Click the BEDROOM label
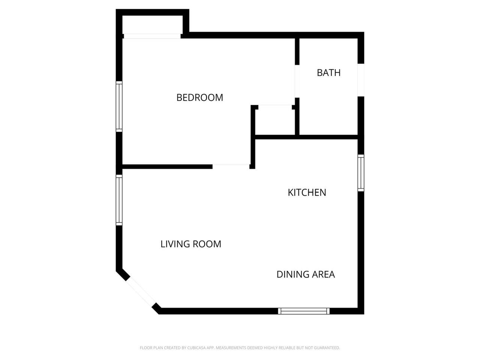pyautogui.click(x=199, y=97)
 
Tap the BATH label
pyautogui.click(x=328, y=73)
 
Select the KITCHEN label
pyautogui.click(x=307, y=193)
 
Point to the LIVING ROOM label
pyautogui.click(x=191, y=244)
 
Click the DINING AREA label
pyautogui.click(x=306, y=274)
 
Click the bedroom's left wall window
pyautogui.click(x=119, y=106)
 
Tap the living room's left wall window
pyautogui.click(x=119, y=200)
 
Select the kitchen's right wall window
pyautogui.click(x=361, y=173)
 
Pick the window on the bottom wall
pyautogui.click(x=304, y=311)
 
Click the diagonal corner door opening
pyautogui.click(x=141, y=292)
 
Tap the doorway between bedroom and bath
pyautogui.click(x=297, y=81)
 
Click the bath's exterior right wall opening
pyautogui.click(x=361, y=80)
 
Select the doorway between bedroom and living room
pyautogui.click(x=231, y=166)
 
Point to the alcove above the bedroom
pyautogui.click(x=152, y=25)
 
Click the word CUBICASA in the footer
pyautogui.click(x=197, y=348)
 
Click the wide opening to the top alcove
pyautogui.click(x=152, y=36)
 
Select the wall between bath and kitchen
pyautogui.click(x=328, y=137)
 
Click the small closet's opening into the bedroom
pyautogui.click(x=275, y=107)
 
